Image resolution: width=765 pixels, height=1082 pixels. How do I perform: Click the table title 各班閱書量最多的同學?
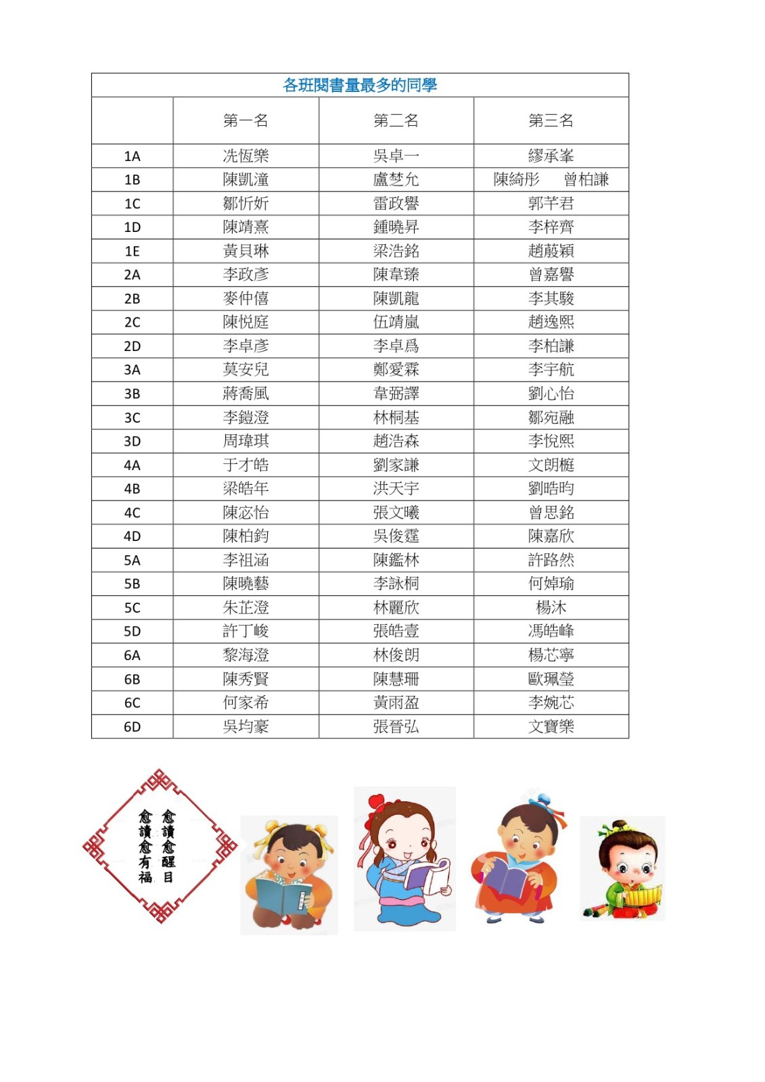(360, 85)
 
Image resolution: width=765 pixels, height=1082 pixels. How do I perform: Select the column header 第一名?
(246, 121)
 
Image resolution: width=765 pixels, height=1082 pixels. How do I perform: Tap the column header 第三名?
(551, 121)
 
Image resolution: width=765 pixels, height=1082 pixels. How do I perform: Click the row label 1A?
(132, 156)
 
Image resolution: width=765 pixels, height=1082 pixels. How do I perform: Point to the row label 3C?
(132, 418)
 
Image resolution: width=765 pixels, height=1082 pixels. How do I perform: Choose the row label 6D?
(132, 727)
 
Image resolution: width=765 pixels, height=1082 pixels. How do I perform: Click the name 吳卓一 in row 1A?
(396, 156)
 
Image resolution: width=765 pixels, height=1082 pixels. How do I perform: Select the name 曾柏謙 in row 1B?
(586, 180)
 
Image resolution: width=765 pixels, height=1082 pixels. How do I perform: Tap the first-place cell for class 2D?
(246, 346)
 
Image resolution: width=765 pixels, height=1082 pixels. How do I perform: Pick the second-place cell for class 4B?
(396, 489)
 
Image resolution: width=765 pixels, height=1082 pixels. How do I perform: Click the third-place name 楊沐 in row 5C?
(551, 608)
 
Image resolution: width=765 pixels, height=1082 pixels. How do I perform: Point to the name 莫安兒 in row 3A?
(246, 370)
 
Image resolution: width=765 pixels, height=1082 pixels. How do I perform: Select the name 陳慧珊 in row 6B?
(396, 679)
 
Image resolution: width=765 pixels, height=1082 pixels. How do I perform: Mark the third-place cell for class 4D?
(551, 536)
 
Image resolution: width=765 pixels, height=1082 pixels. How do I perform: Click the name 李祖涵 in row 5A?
(246, 560)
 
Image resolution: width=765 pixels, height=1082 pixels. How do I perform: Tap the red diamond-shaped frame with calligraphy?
(160, 846)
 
